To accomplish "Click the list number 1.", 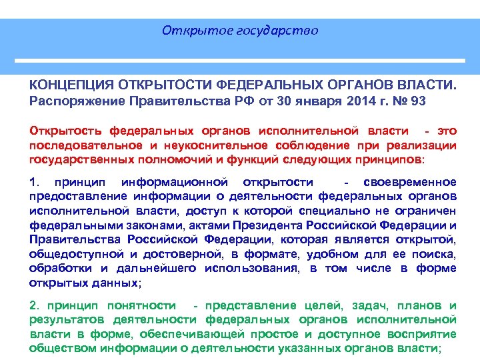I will tap(34, 181).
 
